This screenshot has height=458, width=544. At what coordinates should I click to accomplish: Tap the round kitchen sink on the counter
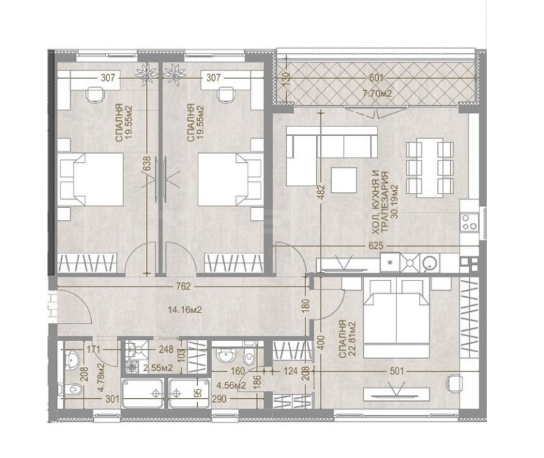pyautogui.click(x=429, y=262)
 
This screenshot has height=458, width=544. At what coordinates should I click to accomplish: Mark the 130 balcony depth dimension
pyautogui.click(x=287, y=79)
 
